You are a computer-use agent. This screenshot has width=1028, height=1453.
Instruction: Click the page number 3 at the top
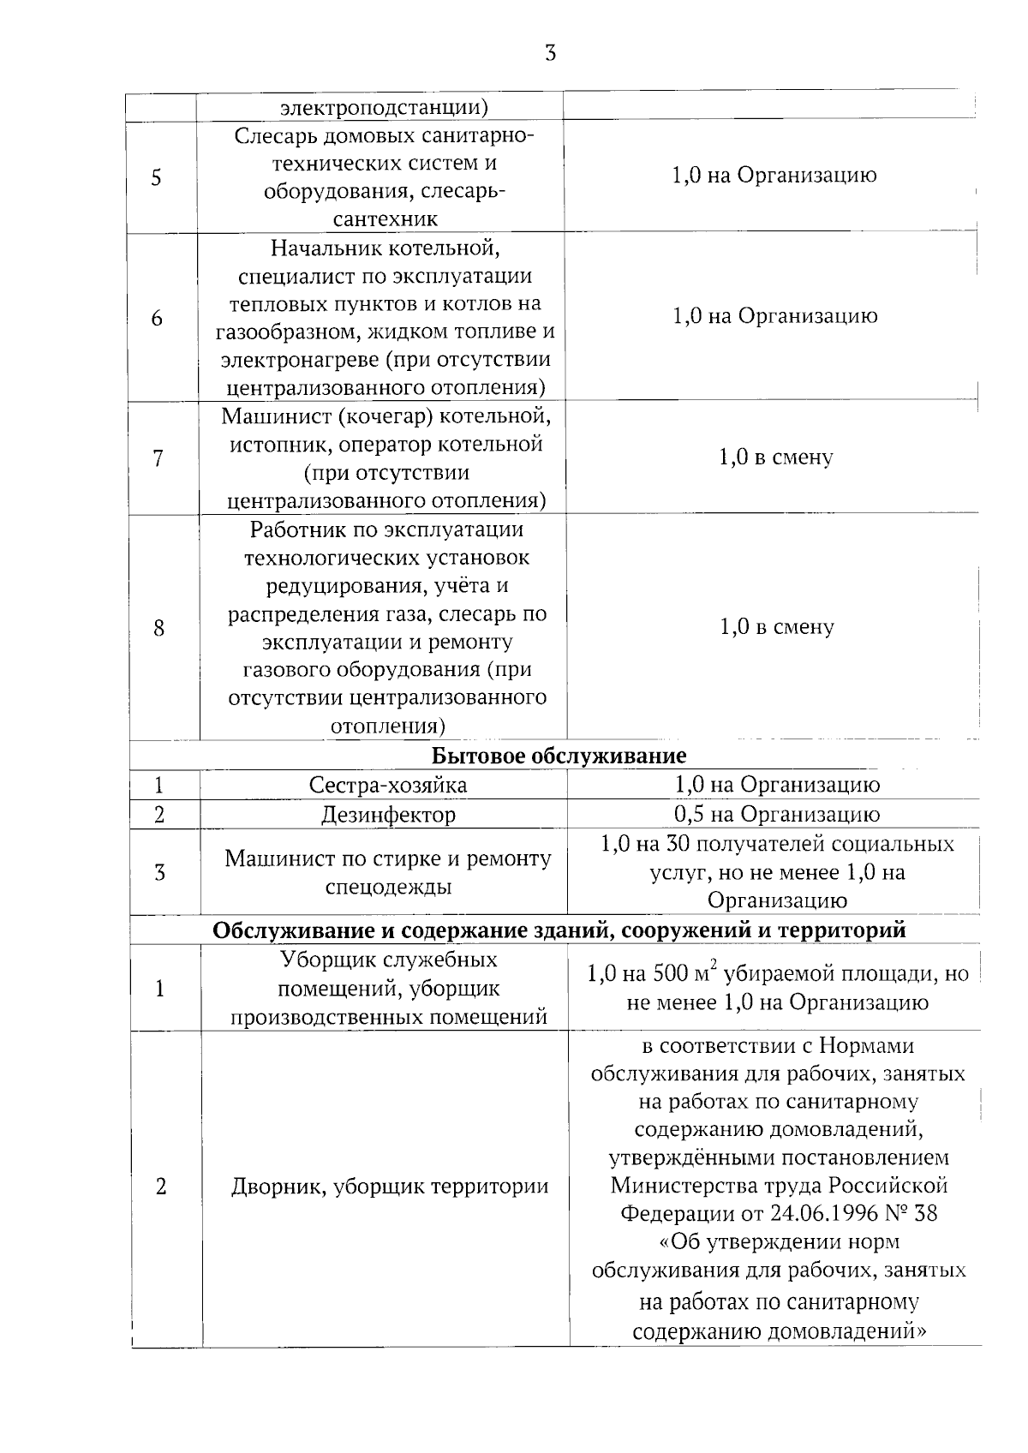click(550, 54)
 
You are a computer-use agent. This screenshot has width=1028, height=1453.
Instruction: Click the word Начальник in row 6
click(315, 248)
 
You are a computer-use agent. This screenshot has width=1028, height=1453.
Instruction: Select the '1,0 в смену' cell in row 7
click(775, 457)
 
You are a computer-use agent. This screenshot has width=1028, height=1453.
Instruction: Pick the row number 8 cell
click(158, 628)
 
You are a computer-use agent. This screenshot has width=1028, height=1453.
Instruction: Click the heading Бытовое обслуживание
click(559, 756)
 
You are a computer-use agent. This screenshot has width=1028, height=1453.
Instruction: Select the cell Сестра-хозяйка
click(388, 786)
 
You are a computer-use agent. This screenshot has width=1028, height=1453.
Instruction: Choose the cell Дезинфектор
click(388, 815)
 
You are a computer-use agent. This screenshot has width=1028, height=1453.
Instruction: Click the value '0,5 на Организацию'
click(776, 815)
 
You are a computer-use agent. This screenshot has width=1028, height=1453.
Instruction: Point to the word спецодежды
click(388, 887)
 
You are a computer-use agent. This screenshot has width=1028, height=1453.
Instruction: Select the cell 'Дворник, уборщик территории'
click(390, 1187)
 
